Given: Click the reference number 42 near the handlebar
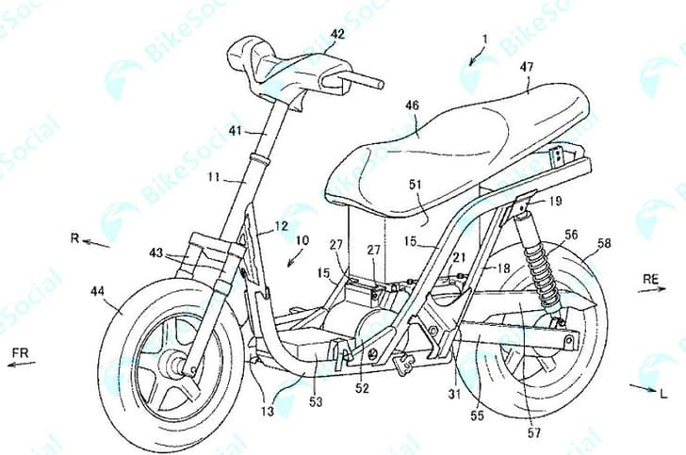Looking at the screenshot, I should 336,34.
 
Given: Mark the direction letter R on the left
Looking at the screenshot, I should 74,237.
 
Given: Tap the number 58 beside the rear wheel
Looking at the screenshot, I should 604,243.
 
